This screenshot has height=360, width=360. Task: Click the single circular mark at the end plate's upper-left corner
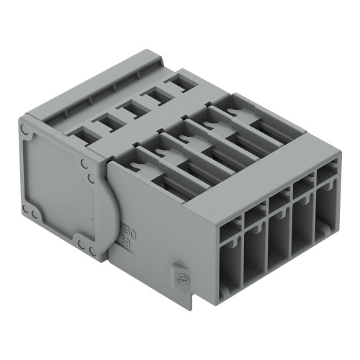(x=25, y=130)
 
